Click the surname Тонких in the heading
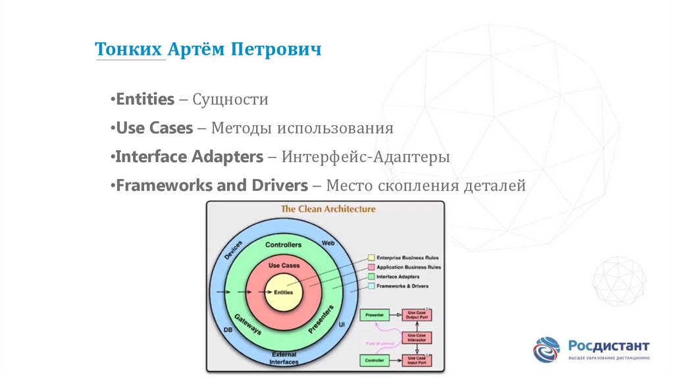click(129, 50)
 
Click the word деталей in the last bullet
click(494, 186)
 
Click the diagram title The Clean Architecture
click(328, 209)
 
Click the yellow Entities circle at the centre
click(284, 291)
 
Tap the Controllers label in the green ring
click(283, 245)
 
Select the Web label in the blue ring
click(328, 243)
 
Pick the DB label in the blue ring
click(228, 329)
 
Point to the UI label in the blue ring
click(342, 325)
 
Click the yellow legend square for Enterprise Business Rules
click(371, 257)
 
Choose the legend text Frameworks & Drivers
click(403, 286)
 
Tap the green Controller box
click(374, 360)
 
